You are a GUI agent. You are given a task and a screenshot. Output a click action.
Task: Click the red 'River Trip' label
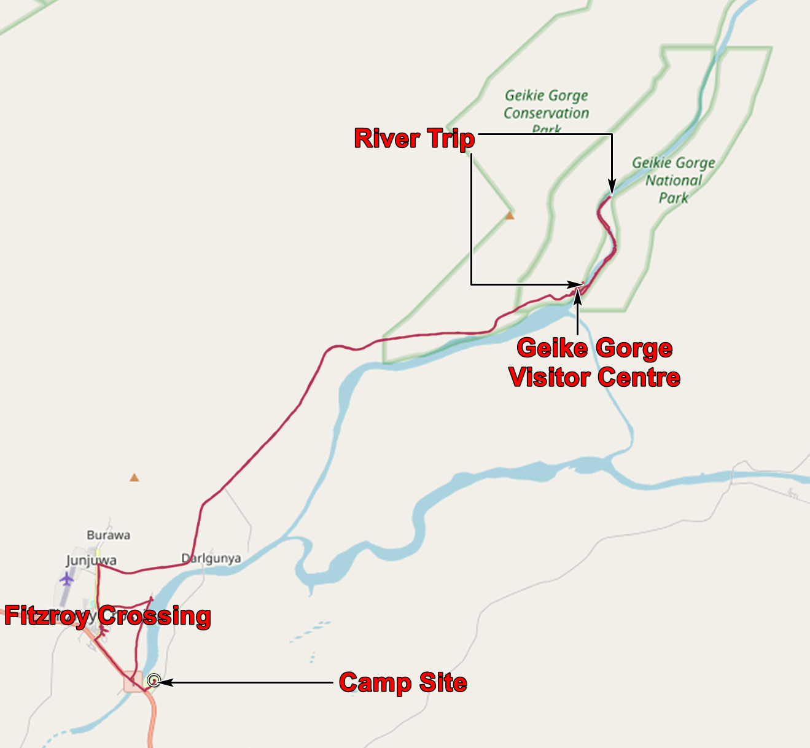coord(415,138)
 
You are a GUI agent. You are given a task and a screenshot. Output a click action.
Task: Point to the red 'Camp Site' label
coord(403,682)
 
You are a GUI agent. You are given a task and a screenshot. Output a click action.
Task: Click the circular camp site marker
coord(154,680)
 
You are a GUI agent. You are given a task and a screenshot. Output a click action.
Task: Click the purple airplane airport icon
coord(66,579)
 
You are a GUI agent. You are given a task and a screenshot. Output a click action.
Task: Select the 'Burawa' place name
coord(108,535)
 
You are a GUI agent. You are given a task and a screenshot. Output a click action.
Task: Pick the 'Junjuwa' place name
coord(91,560)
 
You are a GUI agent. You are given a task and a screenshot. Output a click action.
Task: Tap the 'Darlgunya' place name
coord(211,558)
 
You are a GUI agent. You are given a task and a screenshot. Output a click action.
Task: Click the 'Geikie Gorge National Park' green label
coord(674,180)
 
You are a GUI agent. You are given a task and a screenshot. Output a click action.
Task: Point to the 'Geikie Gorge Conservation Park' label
coord(546,112)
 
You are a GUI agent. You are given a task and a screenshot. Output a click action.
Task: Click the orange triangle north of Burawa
coord(134,477)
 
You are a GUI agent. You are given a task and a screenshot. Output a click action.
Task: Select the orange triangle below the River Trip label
coord(509,216)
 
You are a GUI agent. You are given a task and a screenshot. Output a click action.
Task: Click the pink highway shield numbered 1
coord(133,682)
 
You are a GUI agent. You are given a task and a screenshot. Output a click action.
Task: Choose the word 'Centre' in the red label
coord(639,376)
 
